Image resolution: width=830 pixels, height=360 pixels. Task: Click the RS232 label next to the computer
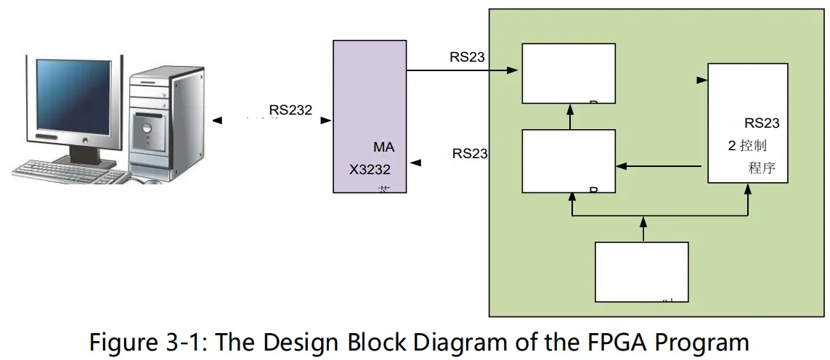coord(290,110)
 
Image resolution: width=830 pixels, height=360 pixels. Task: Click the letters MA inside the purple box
coord(384,147)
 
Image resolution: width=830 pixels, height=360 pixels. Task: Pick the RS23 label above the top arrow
coord(467,57)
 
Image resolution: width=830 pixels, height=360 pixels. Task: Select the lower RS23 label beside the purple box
coord(470,153)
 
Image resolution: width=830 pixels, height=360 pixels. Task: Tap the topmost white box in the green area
coord(569,73)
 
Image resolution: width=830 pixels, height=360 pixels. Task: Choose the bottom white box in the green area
coord(641,271)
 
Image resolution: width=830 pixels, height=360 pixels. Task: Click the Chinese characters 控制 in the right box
coord(753,146)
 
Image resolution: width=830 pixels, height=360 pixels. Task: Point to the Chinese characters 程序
coord(762,169)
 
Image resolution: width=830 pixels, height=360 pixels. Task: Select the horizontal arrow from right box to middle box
coord(661,166)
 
